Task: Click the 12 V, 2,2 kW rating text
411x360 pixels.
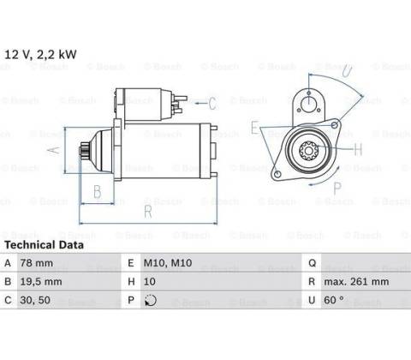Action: pos(40,54)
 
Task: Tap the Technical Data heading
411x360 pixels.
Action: pos(44,245)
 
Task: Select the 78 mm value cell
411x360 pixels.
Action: pos(37,263)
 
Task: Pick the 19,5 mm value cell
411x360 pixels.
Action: pos(41,281)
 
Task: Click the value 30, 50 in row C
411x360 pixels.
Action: pos(35,300)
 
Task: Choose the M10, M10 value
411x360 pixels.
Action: pos(168,263)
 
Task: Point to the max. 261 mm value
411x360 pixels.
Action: pos(356,281)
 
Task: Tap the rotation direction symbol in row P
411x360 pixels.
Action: pos(151,300)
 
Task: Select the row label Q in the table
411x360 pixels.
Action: pos(312,263)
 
